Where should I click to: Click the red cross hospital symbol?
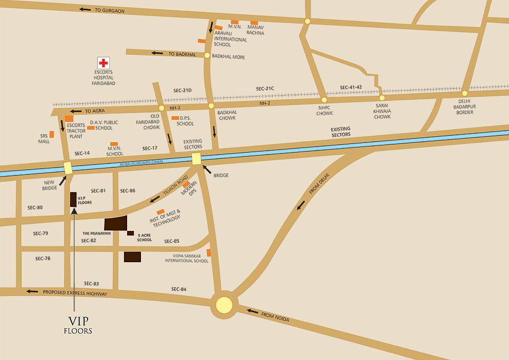tap(104, 63)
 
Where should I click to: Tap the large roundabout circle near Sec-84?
tap(224, 305)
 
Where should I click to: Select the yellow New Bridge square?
tap(68, 167)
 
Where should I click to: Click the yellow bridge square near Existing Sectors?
tap(197, 159)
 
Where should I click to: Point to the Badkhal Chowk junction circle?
tap(211, 106)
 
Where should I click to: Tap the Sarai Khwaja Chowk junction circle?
tap(381, 98)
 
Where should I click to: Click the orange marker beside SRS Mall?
tap(52, 134)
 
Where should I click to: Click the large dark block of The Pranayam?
tap(116, 223)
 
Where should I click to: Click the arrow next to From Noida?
tap(252, 310)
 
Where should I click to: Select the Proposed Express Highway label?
tap(75, 293)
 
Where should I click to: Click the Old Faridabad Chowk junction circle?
tap(161, 108)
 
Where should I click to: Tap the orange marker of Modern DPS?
tap(187, 184)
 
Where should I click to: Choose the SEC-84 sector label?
tap(179, 289)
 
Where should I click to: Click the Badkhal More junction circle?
tap(207, 55)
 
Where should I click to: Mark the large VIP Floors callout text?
tap(78, 325)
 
